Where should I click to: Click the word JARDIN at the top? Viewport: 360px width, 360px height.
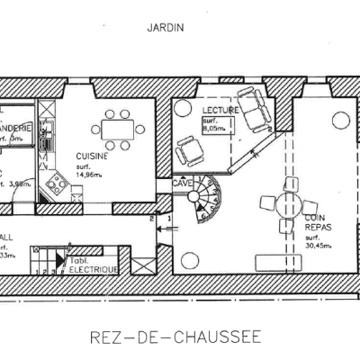click(x=165, y=27)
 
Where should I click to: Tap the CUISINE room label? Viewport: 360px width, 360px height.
click(x=94, y=155)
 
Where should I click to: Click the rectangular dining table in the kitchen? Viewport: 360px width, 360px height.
click(x=114, y=130)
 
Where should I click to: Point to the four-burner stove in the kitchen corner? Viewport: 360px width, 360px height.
click(x=57, y=185)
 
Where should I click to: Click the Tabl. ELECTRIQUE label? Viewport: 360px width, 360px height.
click(x=91, y=262)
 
